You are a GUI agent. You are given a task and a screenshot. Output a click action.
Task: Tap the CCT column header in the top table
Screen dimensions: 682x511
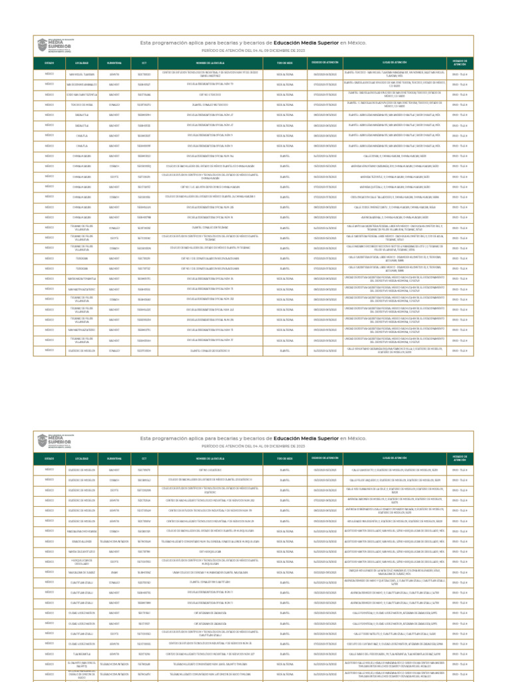tap(144, 63)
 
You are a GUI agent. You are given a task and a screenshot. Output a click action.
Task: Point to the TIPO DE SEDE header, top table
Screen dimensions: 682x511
tap(285, 63)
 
